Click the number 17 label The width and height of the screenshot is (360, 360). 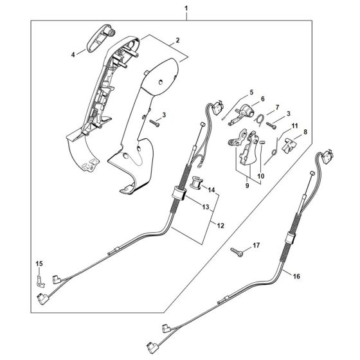[256, 244]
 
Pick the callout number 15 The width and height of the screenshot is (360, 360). [38, 264]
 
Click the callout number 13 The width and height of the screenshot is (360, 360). [206, 206]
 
